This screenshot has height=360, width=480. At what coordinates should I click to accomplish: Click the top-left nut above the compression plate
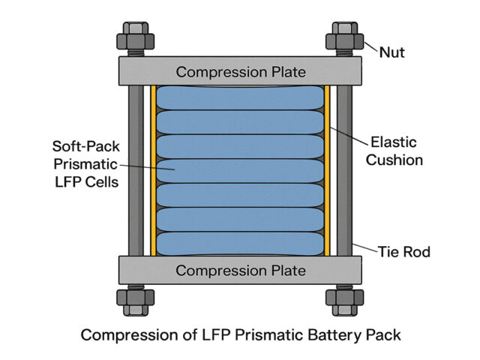click(135, 37)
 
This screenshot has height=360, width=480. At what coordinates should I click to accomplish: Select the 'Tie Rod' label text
click(404, 252)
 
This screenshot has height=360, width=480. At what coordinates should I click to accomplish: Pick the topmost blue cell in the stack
click(240, 98)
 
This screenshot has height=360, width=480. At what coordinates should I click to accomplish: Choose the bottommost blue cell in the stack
click(240, 243)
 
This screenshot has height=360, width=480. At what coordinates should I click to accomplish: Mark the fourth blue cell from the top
click(240, 171)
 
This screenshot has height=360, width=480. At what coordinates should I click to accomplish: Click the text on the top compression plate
click(240, 72)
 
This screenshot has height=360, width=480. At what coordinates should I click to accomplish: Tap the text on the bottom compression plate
click(240, 270)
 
